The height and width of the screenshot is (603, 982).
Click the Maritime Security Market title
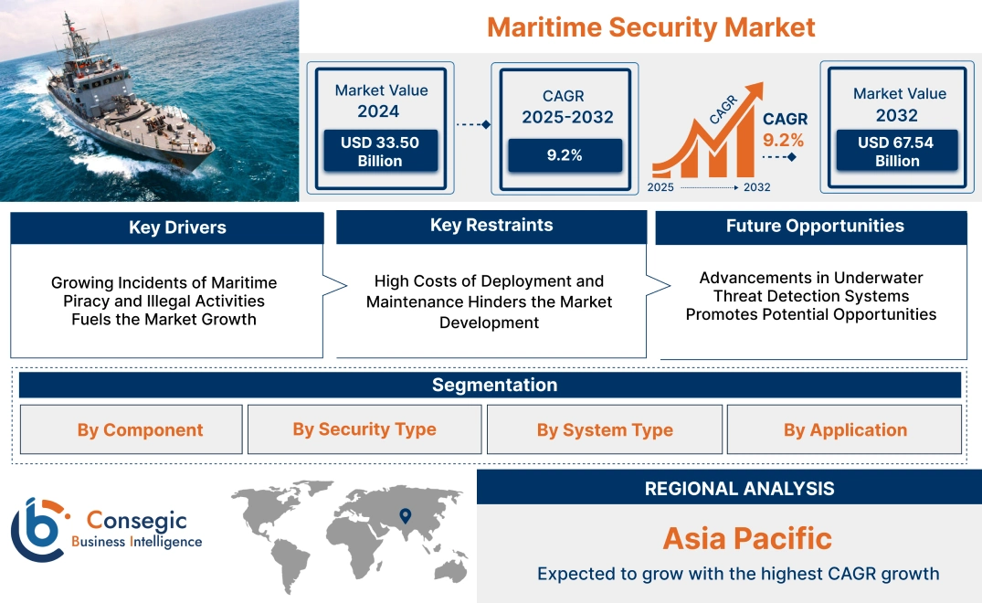(650, 26)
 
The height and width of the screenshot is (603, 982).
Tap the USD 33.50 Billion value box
(379, 152)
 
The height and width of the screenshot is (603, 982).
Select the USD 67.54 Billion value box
(897, 152)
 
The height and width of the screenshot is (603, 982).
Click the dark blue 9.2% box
(565, 155)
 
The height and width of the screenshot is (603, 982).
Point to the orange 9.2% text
(784, 140)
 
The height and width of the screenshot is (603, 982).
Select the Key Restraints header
(491, 226)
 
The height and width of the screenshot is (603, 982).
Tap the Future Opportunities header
(815, 226)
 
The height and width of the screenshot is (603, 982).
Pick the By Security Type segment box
(364, 428)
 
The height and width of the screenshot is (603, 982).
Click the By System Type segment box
(605, 429)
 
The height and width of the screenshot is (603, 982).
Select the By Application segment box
(845, 429)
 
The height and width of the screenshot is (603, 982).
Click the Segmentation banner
(494, 385)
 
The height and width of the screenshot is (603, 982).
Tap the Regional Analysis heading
(739, 488)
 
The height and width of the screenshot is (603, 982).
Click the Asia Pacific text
(747, 538)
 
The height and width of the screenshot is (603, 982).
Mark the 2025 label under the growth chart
(661, 187)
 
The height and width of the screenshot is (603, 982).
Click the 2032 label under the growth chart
(756, 187)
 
